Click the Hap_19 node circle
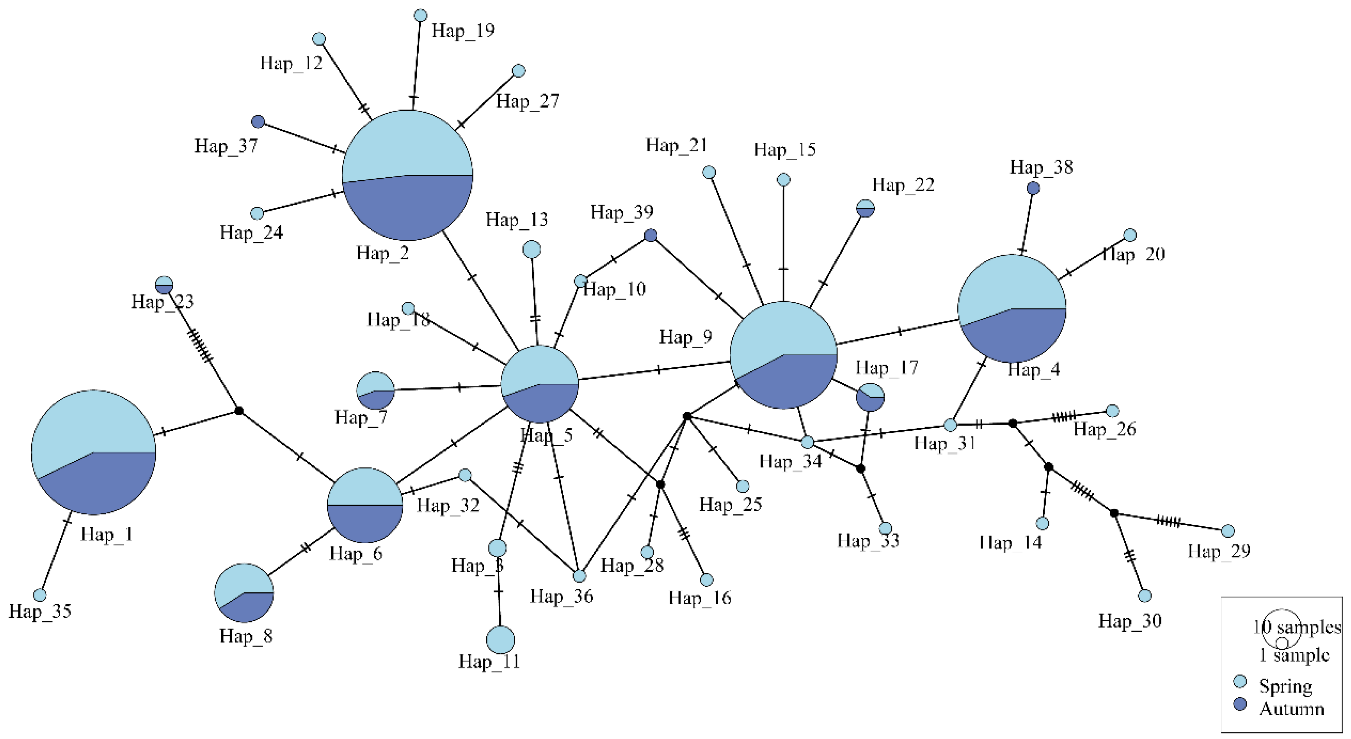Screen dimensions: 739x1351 (x=420, y=16)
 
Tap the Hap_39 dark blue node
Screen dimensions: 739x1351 (x=650, y=235)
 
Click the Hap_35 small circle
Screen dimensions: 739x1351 (x=40, y=595)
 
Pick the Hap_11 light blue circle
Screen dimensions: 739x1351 (x=500, y=640)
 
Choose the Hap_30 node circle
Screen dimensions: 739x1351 (x=1144, y=596)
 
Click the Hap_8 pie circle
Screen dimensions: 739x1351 (x=244, y=593)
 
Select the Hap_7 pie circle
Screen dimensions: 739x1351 (x=375, y=390)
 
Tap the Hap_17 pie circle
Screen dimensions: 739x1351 (x=869, y=397)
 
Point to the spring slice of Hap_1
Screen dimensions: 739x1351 (x=84, y=425)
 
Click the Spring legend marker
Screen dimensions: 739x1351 (x=1240, y=681)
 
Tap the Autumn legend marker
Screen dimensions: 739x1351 (x=1240, y=704)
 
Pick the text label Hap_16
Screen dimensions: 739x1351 (x=700, y=598)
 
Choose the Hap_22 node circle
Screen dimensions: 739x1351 (x=866, y=208)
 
